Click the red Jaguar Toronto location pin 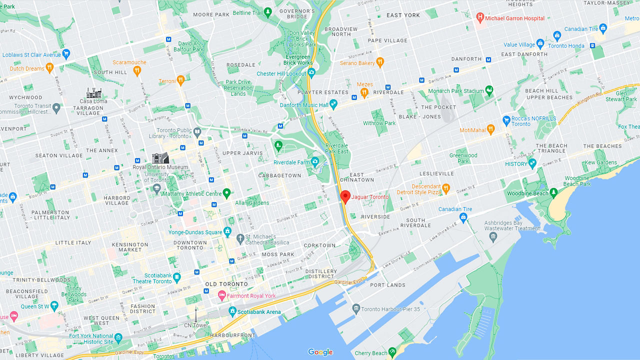pyautogui.click(x=344, y=196)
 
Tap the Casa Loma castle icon pyautogui.click(x=93, y=93)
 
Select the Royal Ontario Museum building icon pyautogui.click(x=160, y=158)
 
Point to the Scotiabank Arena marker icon pyautogui.click(x=232, y=312)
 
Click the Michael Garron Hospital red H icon pyautogui.click(x=480, y=18)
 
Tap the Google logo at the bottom pyautogui.click(x=320, y=352)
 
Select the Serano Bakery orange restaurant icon pyautogui.click(x=380, y=62)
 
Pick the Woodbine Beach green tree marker pyautogui.click(x=553, y=193)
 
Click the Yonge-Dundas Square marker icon pyautogui.click(x=227, y=232)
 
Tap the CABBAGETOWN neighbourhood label pyautogui.click(x=280, y=175)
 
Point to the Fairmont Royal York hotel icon pyautogui.click(x=222, y=296)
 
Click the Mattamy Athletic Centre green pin pyautogui.click(x=226, y=193)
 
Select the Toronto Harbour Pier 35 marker pyautogui.click(x=355, y=308)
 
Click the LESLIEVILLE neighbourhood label pyautogui.click(x=437, y=173)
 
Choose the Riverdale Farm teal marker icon pyautogui.click(x=315, y=162)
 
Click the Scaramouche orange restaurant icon pyautogui.click(x=136, y=71)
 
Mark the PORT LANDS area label pyautogui.click(x=388, y=285)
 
